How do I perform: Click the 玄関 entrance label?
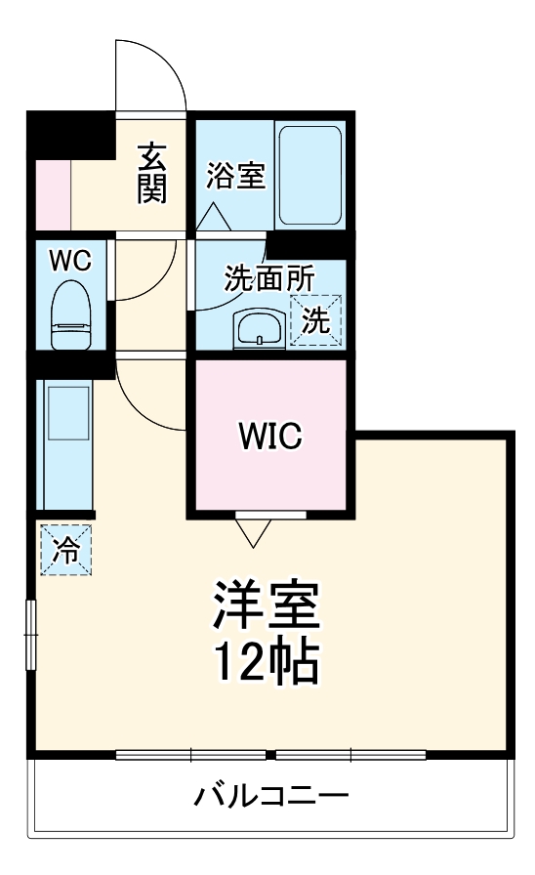(150, 173)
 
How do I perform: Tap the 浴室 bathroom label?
(235, 177)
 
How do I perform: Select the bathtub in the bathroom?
(309, 175)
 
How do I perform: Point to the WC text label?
(70, 261)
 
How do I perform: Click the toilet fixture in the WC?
(69, 314)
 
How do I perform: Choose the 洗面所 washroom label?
(269, 277)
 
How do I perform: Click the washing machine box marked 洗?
(316, 320)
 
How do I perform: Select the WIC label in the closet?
(270, 436)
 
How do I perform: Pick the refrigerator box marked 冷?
(66, 550)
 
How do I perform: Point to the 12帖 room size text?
(266, 664)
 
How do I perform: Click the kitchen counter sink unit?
(66, 439)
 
